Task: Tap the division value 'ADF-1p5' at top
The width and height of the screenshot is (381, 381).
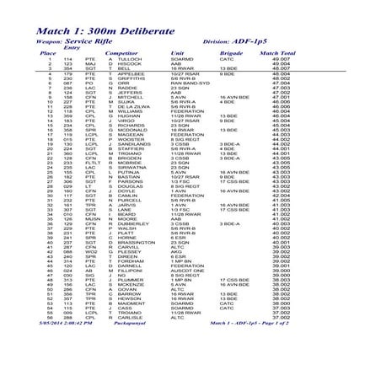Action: coord(252,40)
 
